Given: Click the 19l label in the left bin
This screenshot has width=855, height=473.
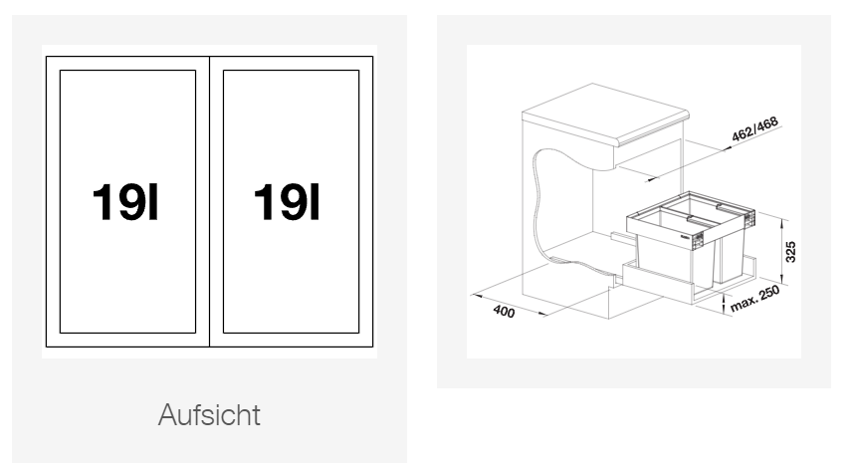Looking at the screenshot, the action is (124, 202).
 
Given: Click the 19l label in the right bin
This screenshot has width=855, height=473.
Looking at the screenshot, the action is (287, 202).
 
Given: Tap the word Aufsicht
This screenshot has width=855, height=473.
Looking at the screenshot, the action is (209, 414).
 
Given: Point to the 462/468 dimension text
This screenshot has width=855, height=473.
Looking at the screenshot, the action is (754, 128).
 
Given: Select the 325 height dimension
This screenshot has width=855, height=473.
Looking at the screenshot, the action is (790, 252).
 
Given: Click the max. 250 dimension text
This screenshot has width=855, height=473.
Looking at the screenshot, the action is (755, 300).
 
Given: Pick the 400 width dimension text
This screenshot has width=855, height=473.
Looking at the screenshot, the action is (504, 311).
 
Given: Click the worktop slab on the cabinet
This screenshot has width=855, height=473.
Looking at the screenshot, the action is (605, 114).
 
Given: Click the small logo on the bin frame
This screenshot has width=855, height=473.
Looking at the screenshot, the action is (686, 237).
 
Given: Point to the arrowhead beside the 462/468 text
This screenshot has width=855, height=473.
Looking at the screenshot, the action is (728, 147).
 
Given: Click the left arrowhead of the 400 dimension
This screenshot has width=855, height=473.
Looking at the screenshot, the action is (477, 296).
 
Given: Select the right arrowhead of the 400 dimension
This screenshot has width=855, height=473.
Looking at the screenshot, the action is (542, 314).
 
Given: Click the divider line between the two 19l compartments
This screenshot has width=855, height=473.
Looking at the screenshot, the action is (209, 201).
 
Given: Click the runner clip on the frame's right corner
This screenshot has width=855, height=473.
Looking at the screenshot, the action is (750, 219).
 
